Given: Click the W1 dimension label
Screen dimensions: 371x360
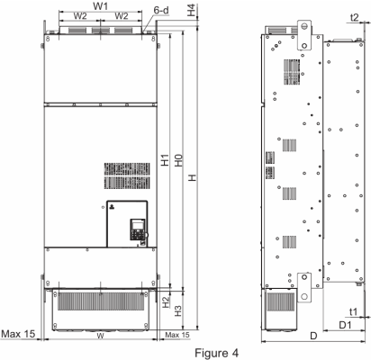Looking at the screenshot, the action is tap(100, 5).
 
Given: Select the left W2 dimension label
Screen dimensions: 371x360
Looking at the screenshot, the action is tap(80, 16).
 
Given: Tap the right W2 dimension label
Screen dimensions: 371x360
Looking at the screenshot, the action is tap(122, 16).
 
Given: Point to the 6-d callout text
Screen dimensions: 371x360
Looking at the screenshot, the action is tap(161, 10).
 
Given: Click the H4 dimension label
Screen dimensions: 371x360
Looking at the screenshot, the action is tap(191, 10).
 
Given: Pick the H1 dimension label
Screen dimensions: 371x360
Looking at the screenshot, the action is tap(165, 160).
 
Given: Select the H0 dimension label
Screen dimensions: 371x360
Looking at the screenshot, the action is tap(178, 160).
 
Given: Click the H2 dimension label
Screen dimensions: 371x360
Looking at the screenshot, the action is tap(166, 301).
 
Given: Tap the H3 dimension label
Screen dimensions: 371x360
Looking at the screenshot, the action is tap(178, 310).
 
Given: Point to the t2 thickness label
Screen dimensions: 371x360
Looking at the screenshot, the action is tap(355, 17).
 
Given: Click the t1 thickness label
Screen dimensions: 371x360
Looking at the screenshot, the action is tap(354, 312).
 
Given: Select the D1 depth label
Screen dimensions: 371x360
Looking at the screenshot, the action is tap(345, 325).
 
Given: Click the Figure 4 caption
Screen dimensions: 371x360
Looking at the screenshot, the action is tap(217, 353).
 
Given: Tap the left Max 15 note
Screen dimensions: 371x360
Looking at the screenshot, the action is tap(18, 334).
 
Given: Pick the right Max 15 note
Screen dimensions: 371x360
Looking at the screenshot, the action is tap(177, 335).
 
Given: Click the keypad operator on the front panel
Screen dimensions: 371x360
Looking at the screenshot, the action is tap(137, 229).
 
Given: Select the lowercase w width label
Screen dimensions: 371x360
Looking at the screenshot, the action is tap(100, 336).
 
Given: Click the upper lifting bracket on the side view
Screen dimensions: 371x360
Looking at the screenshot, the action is tap(304, 35).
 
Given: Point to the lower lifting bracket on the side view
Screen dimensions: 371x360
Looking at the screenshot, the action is tap(304, 287).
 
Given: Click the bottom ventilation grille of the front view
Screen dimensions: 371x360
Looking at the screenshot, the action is tap(101, 301).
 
